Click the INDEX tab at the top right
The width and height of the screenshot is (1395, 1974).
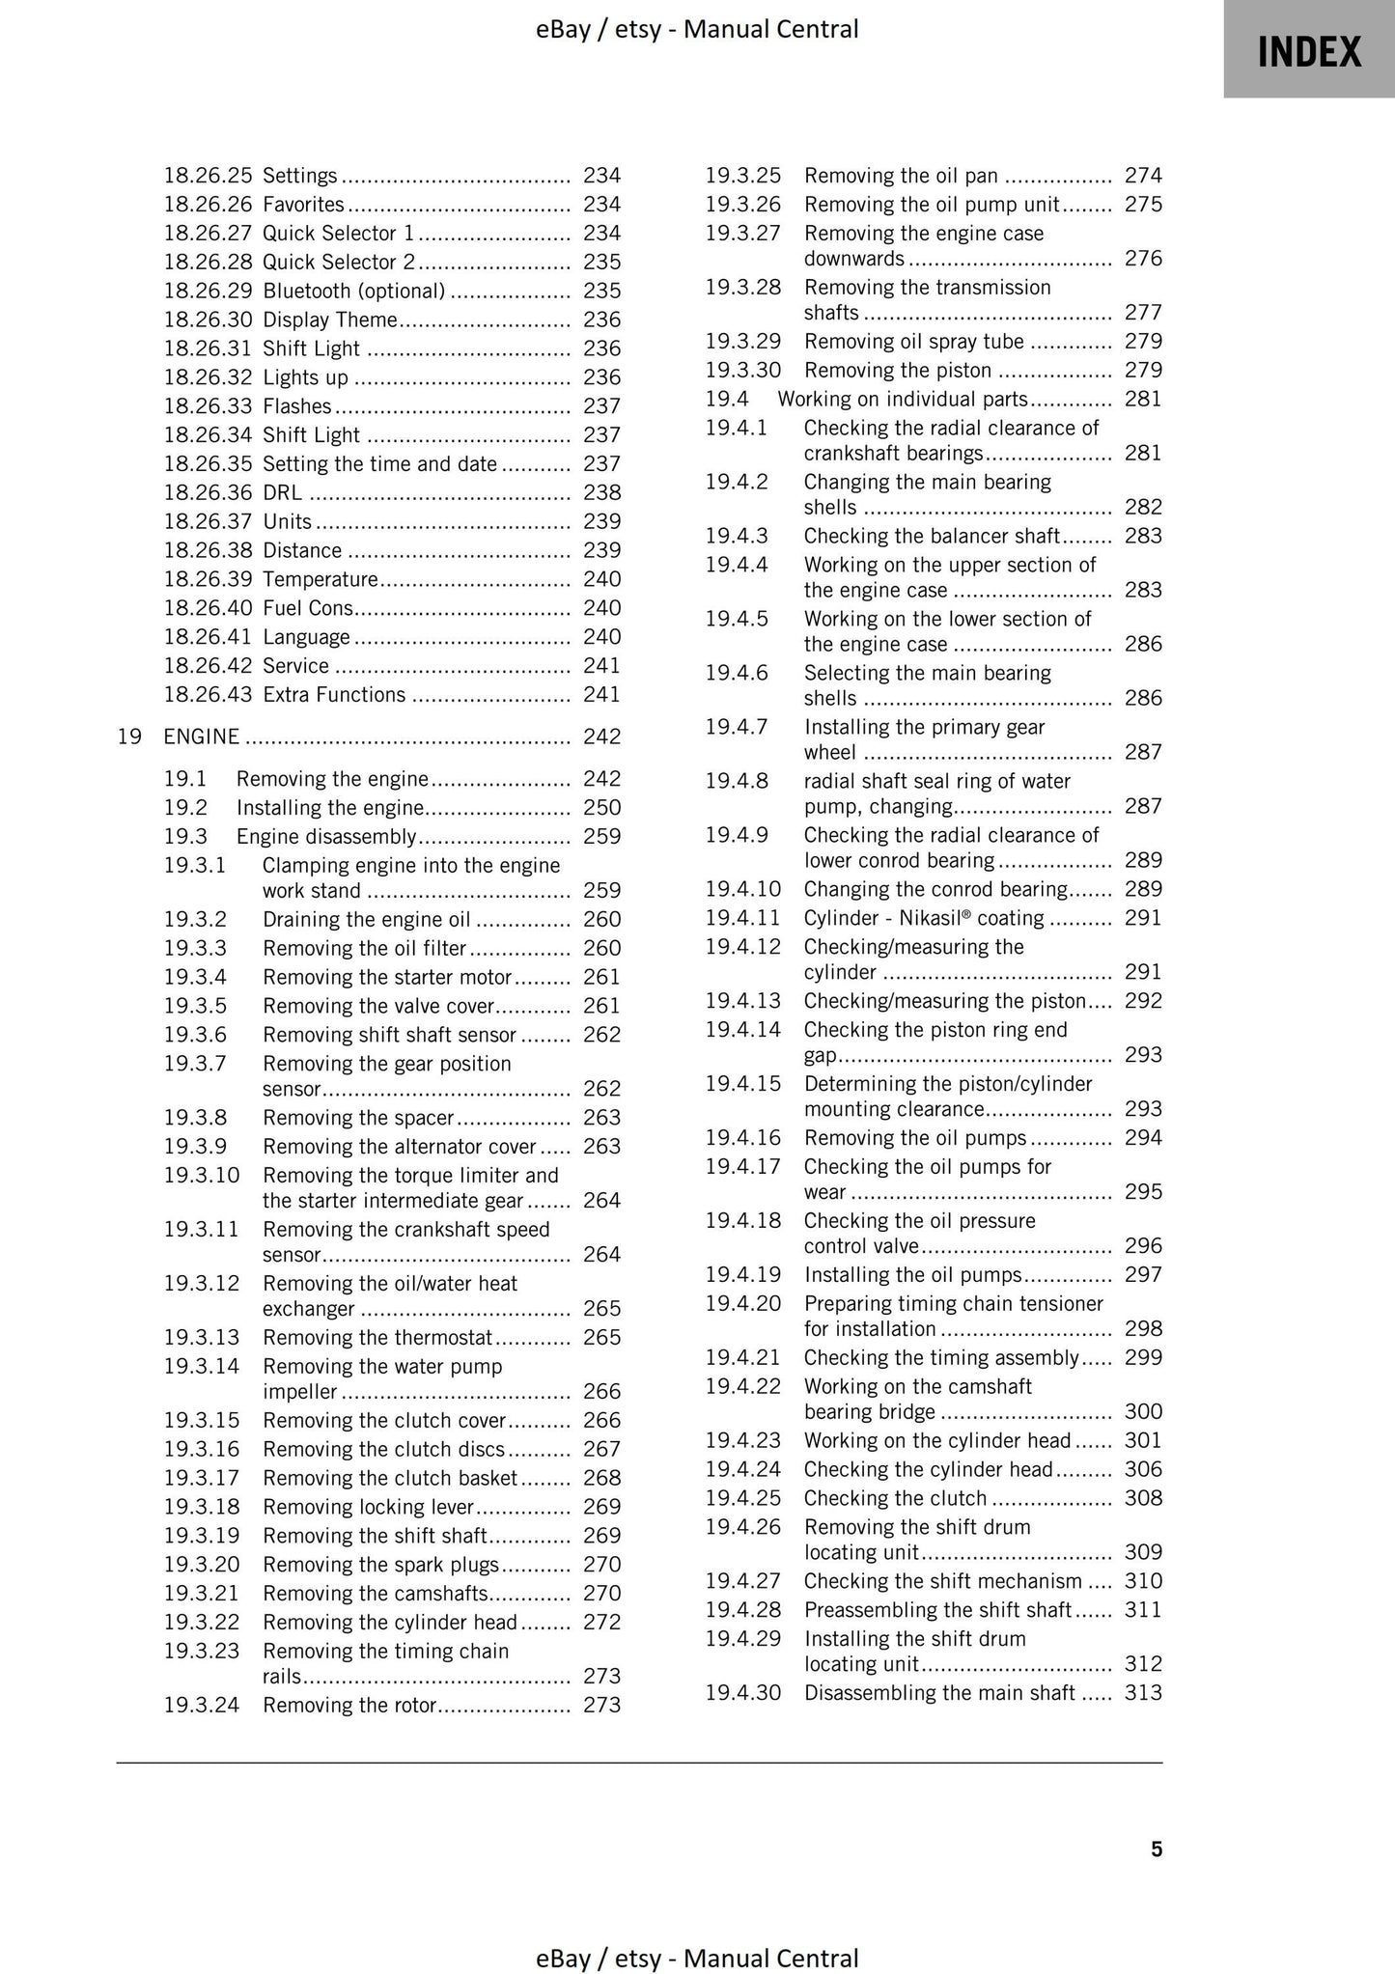pos(1308,50)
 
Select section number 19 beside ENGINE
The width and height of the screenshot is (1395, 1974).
pos(129,737)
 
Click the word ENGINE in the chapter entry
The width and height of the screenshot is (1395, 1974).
pos(201,737)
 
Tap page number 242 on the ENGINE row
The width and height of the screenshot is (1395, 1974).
pos(601,737)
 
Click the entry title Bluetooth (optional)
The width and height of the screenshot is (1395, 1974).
pos(353,291)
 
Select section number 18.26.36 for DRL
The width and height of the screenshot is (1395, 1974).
pos(208,492)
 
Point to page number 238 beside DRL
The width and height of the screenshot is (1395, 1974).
pos(601,492)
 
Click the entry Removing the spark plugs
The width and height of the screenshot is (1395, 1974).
pos(380,1564)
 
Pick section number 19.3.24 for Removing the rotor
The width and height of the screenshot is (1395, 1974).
pos(201,1705)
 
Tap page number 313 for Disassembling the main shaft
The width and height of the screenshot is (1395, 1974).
pos(1143,1692)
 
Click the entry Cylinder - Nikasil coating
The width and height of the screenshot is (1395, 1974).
pos(923,918)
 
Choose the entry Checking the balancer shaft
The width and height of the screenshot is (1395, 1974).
pos(931,536)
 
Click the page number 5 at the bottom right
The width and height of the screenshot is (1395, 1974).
pos(1157,1849)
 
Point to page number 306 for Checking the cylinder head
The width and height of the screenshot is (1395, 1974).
pos(1143,1469)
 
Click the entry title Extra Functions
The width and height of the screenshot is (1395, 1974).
pos(334,694)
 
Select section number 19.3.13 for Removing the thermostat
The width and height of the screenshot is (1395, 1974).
pos(201,1337)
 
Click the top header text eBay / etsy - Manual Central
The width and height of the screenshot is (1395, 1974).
pos(697,29)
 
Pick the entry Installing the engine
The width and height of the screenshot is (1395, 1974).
pos(330,807)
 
